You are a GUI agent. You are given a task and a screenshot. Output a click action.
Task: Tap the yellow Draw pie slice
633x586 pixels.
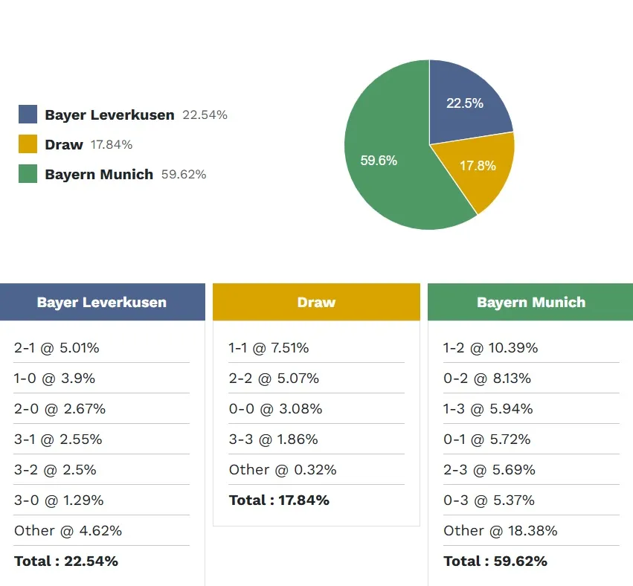coord(476,167)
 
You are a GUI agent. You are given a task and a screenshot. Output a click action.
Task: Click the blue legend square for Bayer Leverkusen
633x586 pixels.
coord(28,115)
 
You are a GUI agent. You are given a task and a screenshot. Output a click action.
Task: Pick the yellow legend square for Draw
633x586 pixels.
coord(28,144)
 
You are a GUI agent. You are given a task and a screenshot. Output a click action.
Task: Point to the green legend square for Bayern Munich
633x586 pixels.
coord(28,174)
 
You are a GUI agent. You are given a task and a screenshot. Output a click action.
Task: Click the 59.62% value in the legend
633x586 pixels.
coord(184,175)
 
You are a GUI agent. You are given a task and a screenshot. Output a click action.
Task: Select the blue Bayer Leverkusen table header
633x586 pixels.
coord(102,302)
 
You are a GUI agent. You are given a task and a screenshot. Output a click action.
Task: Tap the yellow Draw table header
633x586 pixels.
coord(316,302)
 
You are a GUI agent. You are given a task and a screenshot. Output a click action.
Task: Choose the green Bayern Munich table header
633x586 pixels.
coord(530,302)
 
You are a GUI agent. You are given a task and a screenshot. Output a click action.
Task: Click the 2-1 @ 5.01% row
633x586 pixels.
coord(57,348)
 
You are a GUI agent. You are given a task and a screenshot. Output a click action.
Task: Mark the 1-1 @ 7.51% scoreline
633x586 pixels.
coord(269,348)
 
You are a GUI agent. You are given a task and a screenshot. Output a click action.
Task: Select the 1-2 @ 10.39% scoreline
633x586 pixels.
coord(490,348)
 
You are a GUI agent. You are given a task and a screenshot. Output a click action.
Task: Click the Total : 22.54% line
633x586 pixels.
coord(66,561)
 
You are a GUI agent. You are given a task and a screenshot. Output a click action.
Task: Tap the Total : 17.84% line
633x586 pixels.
coord(279,500)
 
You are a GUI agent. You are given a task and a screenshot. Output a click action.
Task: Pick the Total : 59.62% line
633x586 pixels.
coord(495,561)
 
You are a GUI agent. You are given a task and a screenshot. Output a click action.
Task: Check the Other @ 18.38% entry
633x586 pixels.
coord(500,531)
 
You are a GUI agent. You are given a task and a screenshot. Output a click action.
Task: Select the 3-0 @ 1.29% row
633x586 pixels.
coord(59,500)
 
